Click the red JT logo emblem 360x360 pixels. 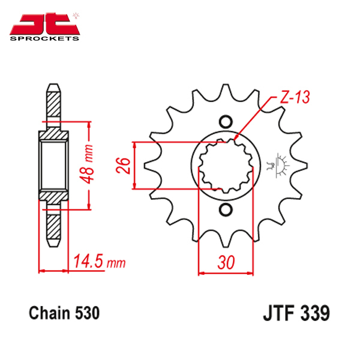tap(44, 23)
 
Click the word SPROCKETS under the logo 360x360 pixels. tap(44, 38)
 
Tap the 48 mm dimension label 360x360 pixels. tap(88, 164)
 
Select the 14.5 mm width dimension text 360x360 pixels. tap(100, 261)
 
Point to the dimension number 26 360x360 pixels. tap(123, 165)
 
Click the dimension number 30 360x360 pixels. tap(226, 262)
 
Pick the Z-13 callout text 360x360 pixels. tap(295, 97)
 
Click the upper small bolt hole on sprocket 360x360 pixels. tap(226, 122)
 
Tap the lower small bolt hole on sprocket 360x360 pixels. tap(226, 209)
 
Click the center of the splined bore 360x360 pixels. tap(226, 166)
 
